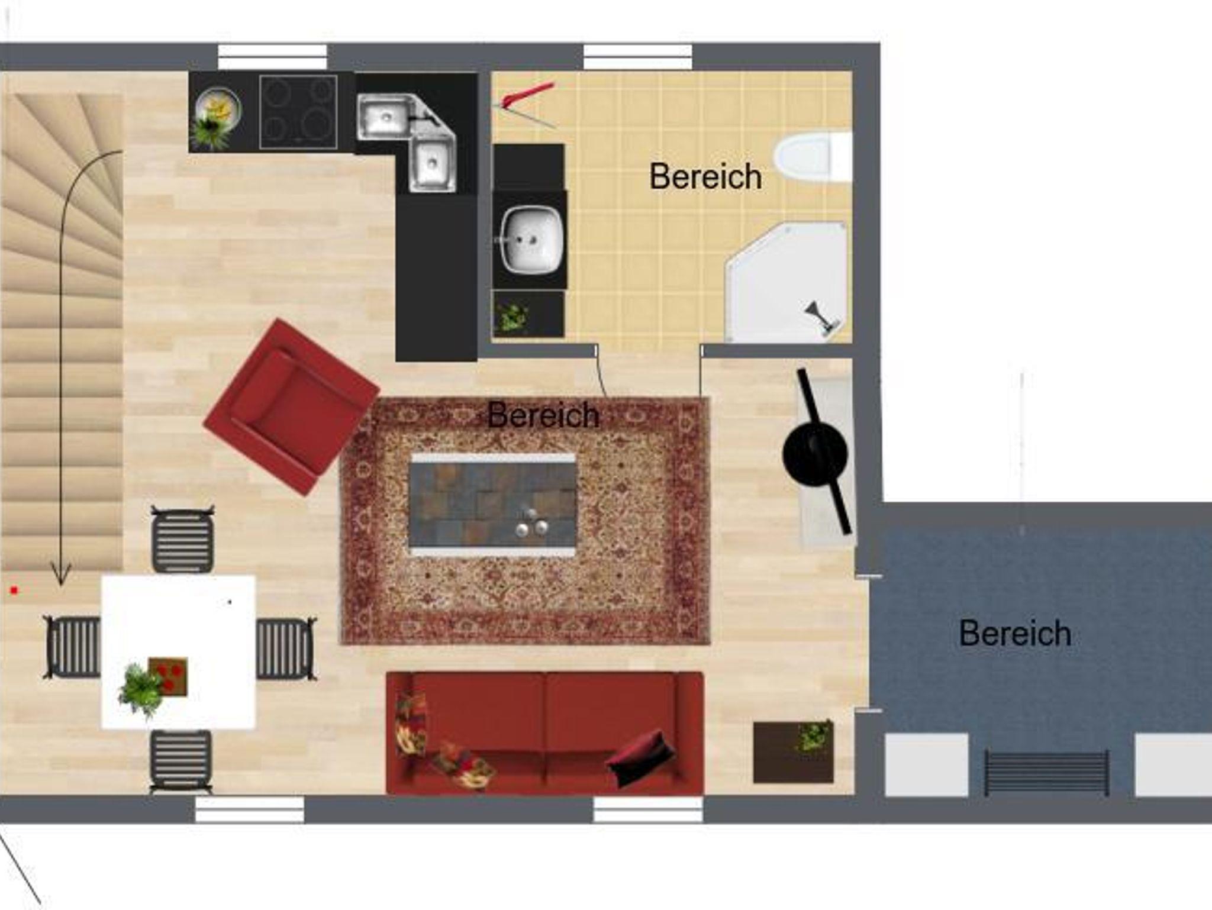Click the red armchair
pyautogui.click(x=291, y=406)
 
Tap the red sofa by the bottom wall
pyautogui.click(x=545, y=733)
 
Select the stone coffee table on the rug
pyautogui.click(x=492, y=505)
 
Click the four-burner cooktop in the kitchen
pyautogui.click(x=298, y=111)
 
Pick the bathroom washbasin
pyautogui.click(x=531, y=240)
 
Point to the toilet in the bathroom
pyautogui.click(x=813, y=157)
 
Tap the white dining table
pyautogui.click(x=178, y=652)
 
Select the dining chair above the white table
pyautogui.click(x=182, y=539)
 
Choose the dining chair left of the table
pyautogui.click(x=72, y=647)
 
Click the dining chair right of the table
pyautogui.click(x=286, y=648)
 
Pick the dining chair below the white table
pyautogui.click(x=181, y=761)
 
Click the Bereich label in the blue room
pyautogui.click(x=1015, y=634)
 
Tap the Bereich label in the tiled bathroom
pyautogui.click(x=705, y=176)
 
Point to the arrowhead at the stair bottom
pyautogui.click(x=60, y=575)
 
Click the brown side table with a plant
pyautogui.click(x=793, y=751)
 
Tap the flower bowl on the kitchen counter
pyautogui.click(x=217, y=115)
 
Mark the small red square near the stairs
pyautogui.click(x=14, y=590)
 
